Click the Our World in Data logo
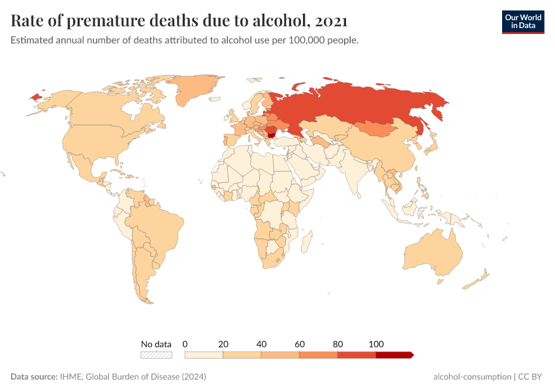[x=522, y=22]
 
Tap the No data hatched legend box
[x=157, y=355]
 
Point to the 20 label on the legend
[x=223, y=344]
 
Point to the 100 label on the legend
[x=376, y=344]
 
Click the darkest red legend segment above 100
[x=394, y=355]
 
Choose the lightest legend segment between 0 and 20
[x=204, y=355]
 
